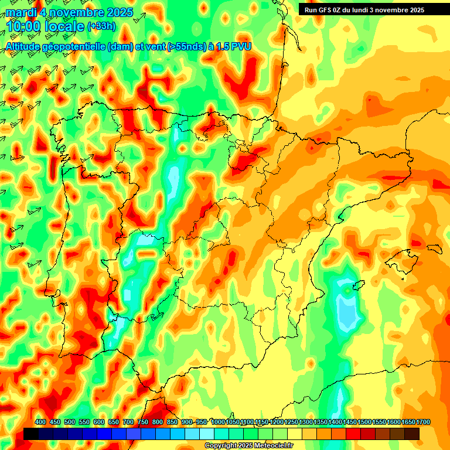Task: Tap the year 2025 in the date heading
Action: coord(117,12)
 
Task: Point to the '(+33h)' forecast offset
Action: coord(101,26)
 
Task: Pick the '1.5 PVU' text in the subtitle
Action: coord(233,47)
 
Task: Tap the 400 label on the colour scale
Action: coord(40,422)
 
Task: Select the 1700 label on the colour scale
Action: coord(408,422)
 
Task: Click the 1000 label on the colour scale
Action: coord(218,422)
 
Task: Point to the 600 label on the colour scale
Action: coord(99,422)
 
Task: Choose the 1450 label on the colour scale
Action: coord(350,422)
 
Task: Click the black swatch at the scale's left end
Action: coord(31,434)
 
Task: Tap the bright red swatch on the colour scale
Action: coord(353,434)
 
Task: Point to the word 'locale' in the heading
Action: coord(63,26)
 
